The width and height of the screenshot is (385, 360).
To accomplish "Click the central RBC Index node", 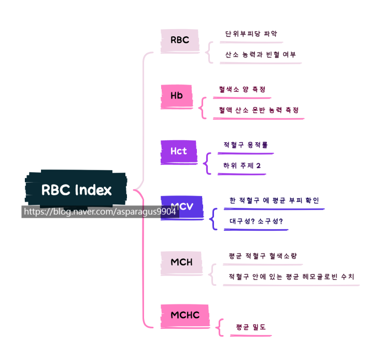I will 76,190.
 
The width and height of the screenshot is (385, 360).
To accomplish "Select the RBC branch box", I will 180,40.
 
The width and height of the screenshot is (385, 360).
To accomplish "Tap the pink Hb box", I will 177,96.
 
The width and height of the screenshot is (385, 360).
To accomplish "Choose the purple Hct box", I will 179,151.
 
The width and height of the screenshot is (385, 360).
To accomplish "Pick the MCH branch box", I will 181,262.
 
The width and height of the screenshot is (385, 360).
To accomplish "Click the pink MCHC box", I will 185,315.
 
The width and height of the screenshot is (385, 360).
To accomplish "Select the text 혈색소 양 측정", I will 242,90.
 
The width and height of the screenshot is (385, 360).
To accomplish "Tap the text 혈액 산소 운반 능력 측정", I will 259,110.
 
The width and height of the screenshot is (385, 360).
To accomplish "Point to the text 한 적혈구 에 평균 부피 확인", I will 274,200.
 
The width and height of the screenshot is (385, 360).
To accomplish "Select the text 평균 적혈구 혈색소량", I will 262,256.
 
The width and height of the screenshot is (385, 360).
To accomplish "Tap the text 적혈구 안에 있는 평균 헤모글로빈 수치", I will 291,277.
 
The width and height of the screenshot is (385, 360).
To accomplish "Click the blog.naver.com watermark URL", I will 100,212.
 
